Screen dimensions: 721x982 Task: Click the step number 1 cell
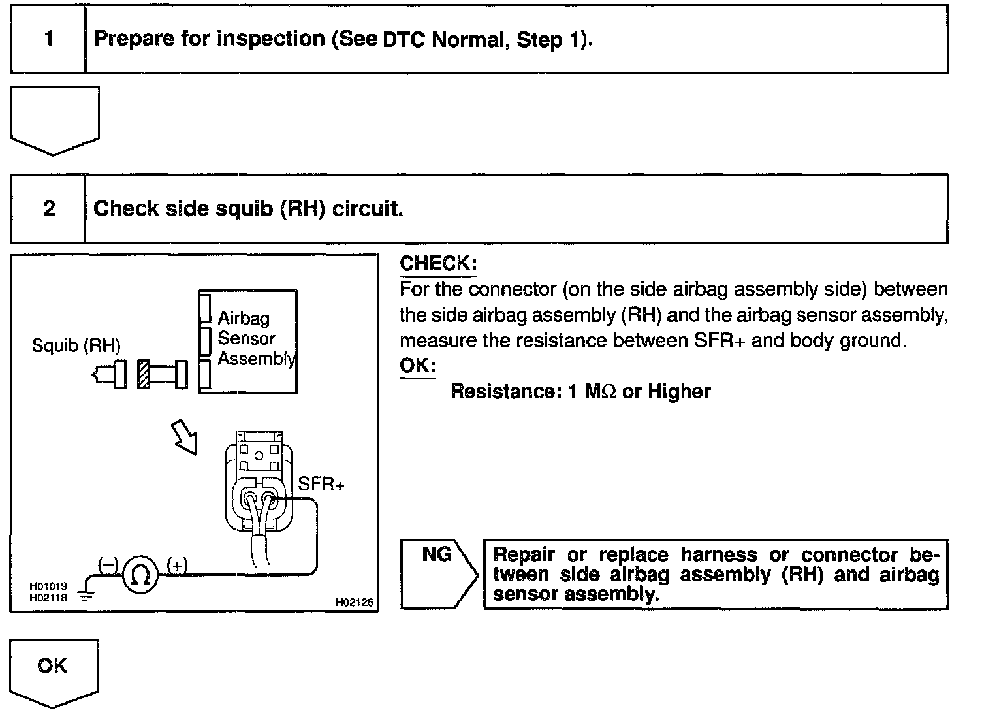[x=48, y=39]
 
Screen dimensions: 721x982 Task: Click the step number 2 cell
[x=49, y=208]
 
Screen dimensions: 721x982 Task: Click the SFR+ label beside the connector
[x=321, y=484]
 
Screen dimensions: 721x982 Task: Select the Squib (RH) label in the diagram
[x=76, y=345]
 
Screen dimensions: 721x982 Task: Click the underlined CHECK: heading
[x=438, y=264]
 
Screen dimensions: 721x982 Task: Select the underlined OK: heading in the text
[x=417, y=366]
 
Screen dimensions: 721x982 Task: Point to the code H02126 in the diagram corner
[x=354, y=603]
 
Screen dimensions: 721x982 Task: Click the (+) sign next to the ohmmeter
[x=177, y=565]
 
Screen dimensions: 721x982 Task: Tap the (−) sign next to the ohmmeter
[x=108, y=564]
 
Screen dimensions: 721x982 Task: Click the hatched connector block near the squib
[x=144, y=376]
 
